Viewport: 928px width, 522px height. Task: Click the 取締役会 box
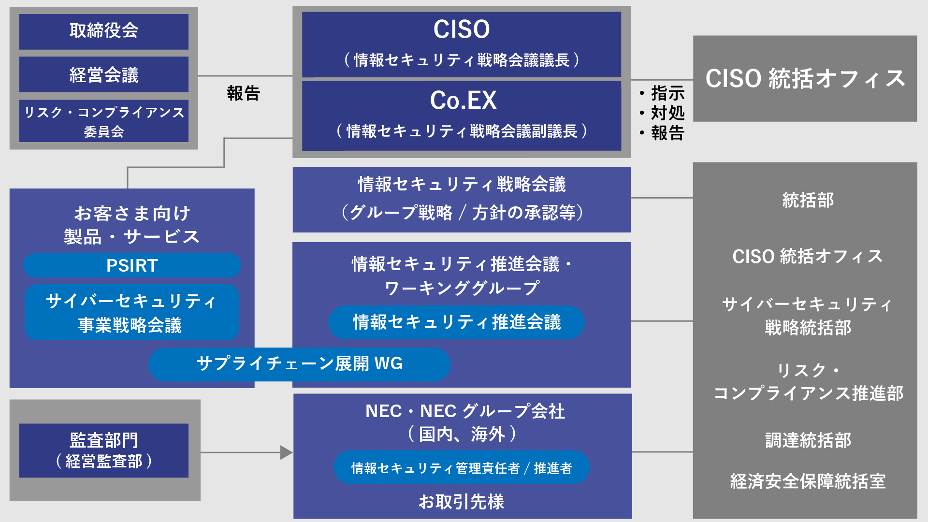103,31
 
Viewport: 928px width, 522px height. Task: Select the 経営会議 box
103,74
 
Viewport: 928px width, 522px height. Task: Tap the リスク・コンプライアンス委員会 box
103,121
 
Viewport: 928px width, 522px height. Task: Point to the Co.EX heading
463,101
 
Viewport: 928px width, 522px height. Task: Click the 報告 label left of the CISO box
244,93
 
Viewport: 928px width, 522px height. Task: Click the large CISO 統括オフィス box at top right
805,78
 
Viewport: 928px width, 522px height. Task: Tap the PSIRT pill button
132,265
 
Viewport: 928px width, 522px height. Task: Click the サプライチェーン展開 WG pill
299,364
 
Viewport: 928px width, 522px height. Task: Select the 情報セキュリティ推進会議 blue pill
456,322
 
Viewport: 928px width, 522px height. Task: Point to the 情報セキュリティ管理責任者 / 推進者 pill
461,468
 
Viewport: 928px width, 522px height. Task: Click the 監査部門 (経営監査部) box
103,450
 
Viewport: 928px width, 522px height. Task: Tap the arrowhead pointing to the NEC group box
286,452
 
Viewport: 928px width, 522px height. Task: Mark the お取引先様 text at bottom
461,501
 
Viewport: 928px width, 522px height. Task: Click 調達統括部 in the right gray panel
808,440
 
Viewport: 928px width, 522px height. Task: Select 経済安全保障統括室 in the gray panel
808,481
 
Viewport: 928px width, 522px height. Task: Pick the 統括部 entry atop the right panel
808,200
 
